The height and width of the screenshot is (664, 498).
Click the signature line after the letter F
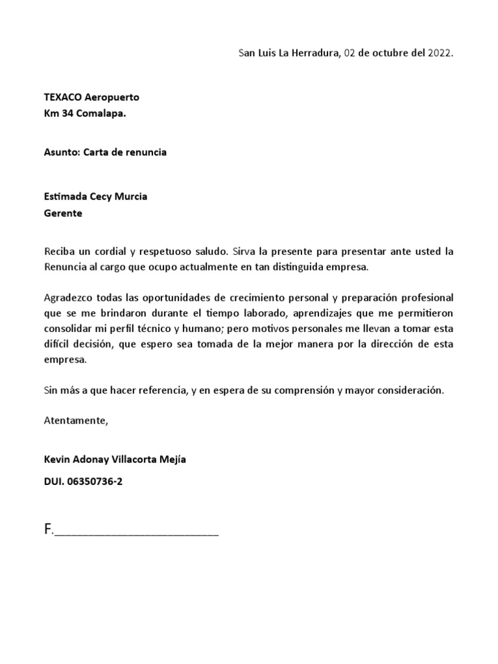(136, 533)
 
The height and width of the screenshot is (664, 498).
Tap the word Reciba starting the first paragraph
(58, 251)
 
